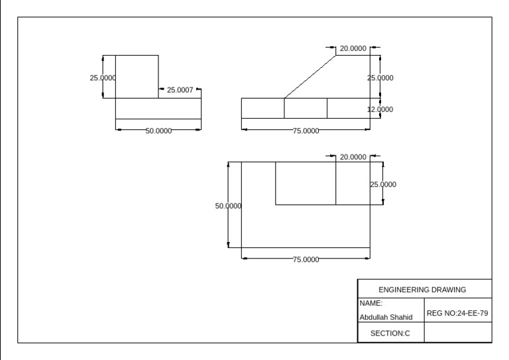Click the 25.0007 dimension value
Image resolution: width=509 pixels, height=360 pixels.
point(180,90)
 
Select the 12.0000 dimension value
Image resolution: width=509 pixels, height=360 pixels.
point(380,109)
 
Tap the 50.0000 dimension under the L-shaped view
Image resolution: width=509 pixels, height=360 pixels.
point(159,131)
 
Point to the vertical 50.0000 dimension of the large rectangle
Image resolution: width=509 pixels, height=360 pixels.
point(229,206)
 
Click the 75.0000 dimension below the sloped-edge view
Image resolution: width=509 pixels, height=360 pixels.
point(306,131)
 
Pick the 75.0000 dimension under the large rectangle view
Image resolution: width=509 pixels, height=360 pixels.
point(306,259)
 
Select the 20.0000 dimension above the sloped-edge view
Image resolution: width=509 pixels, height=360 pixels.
point(353,48)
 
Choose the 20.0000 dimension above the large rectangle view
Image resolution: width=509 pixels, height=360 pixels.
point(353,157)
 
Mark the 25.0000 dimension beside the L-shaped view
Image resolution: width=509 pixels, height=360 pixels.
point(103,78)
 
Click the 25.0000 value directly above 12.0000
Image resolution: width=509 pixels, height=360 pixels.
point(380,78)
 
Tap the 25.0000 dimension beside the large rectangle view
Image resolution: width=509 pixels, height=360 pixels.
point(382,184)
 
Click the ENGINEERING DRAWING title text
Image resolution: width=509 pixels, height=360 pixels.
point(422,289)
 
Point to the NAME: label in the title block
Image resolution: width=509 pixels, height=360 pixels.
point(367,303)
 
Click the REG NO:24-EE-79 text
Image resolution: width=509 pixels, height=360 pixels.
point(458,310)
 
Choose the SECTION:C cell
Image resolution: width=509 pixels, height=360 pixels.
point(390,333)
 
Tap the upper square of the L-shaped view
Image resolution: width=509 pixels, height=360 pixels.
point(137,77)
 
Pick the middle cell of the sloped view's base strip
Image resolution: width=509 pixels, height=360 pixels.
point(306,108)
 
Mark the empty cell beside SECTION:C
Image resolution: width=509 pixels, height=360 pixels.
point(457,333)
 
